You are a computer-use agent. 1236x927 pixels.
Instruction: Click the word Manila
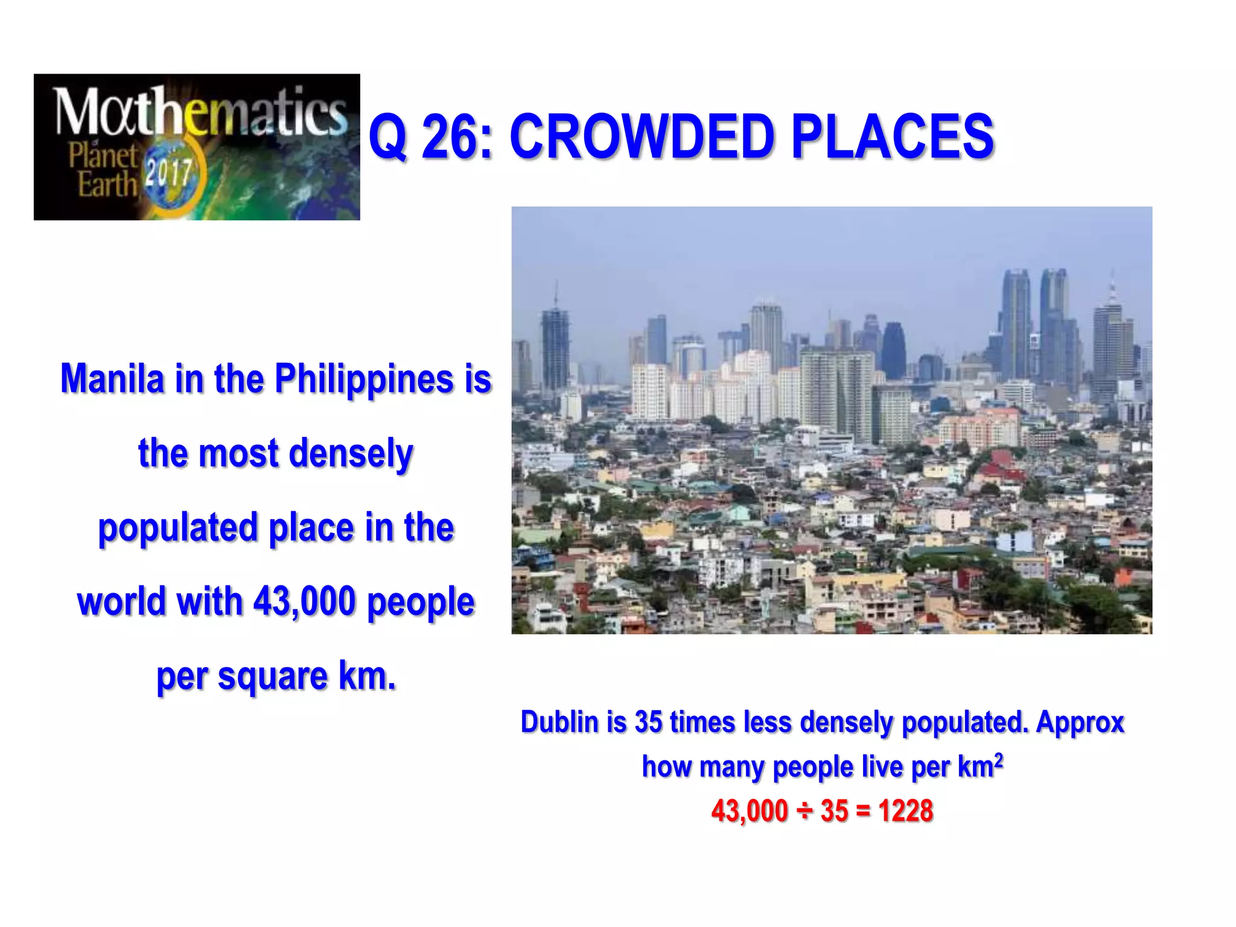point(112,379)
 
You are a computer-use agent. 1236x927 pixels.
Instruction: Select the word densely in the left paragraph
point(351,453)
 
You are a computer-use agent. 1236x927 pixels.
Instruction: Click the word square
point(273,677)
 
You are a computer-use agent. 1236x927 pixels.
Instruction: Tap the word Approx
point(1080,723)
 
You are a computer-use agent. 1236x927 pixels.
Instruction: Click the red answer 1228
point(905,811)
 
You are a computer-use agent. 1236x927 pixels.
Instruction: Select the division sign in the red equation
point(804,811)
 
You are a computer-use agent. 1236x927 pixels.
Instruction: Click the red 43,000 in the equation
point(749,811)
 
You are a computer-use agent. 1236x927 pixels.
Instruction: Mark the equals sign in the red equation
point(863,811)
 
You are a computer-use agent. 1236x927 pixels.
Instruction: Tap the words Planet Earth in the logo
point(103,170)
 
